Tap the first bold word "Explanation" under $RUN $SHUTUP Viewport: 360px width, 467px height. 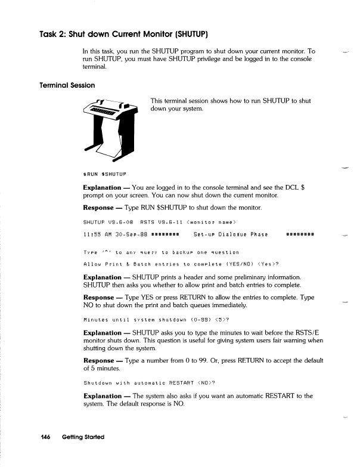pyautogui.click(x=104, y=187)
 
